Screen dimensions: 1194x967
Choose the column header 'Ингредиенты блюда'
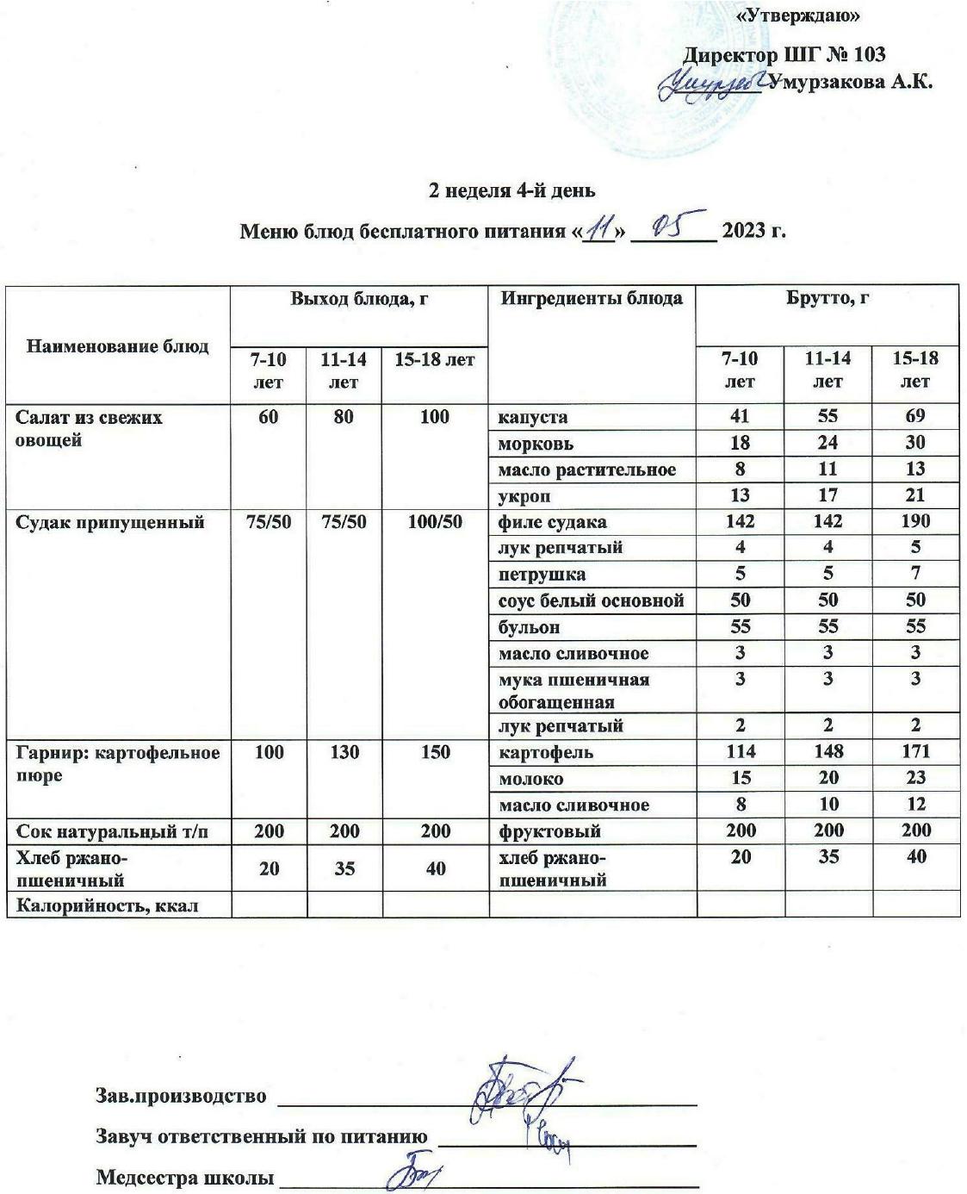click(592, 298)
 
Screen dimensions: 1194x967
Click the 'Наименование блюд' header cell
click(118, 346)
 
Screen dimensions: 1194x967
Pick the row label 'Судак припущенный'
click(110, 522)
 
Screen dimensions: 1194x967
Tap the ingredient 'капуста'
click(533, 417)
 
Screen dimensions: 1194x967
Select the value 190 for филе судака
click(914, 521)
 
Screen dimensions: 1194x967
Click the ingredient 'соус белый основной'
click(591, 600)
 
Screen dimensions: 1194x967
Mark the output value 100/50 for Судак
click(435, 521)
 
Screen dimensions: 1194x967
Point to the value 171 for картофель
click(914, 751)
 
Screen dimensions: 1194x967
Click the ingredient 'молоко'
click(530, 779)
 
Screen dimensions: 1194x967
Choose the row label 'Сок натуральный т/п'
click(112, 831)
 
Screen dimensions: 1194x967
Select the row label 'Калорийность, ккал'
click(107, 905)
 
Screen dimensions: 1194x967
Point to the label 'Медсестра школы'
click(184, 1177)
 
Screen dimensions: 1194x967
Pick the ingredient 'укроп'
click(524, 496)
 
